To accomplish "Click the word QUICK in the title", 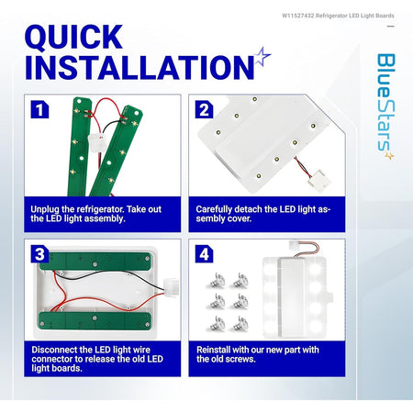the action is click(x=73, y=37).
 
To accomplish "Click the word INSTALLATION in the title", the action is click(x=140, y=67).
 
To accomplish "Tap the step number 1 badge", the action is click(x=39, y=109).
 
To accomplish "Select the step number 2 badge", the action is click(x=204, y=109).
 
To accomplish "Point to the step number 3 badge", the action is click(x=39, y=254).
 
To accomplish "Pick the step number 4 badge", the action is click(x=204, y=254).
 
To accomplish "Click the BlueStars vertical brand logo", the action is click(x=385, y=106).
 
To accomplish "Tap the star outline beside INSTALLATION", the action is click(x=262, y=56).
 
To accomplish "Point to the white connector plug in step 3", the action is click(x=171, y=287).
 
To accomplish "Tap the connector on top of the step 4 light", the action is click(x=296, y=245).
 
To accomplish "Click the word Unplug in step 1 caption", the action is click(x=45, y=209).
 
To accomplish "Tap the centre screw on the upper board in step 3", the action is click(x=95, y=262).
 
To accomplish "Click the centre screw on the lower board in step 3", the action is click(x=95, y=318).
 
